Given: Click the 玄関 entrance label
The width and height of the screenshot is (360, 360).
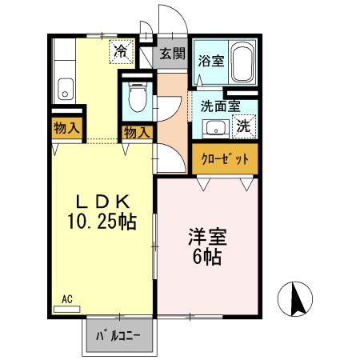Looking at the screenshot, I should click(171, 54).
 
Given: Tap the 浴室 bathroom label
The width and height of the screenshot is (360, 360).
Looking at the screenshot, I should click(210, 60).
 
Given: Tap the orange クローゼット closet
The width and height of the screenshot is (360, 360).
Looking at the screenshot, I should click(225, 158).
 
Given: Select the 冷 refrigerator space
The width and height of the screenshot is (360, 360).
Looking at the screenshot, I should click(121, 52).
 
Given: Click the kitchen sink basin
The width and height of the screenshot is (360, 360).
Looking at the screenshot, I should click(64, 87).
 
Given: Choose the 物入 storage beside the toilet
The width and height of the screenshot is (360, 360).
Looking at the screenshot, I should click(136, 132).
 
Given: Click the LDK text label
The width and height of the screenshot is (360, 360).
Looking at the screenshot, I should click(101, 202).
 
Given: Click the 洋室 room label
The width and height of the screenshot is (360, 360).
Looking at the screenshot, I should click(208, 238).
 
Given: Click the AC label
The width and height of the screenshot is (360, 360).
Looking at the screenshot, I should click(67, 300).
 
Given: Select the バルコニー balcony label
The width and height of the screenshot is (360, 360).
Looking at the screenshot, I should click(118, 336).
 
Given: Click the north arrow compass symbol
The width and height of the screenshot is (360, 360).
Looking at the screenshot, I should click(294, 300).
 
